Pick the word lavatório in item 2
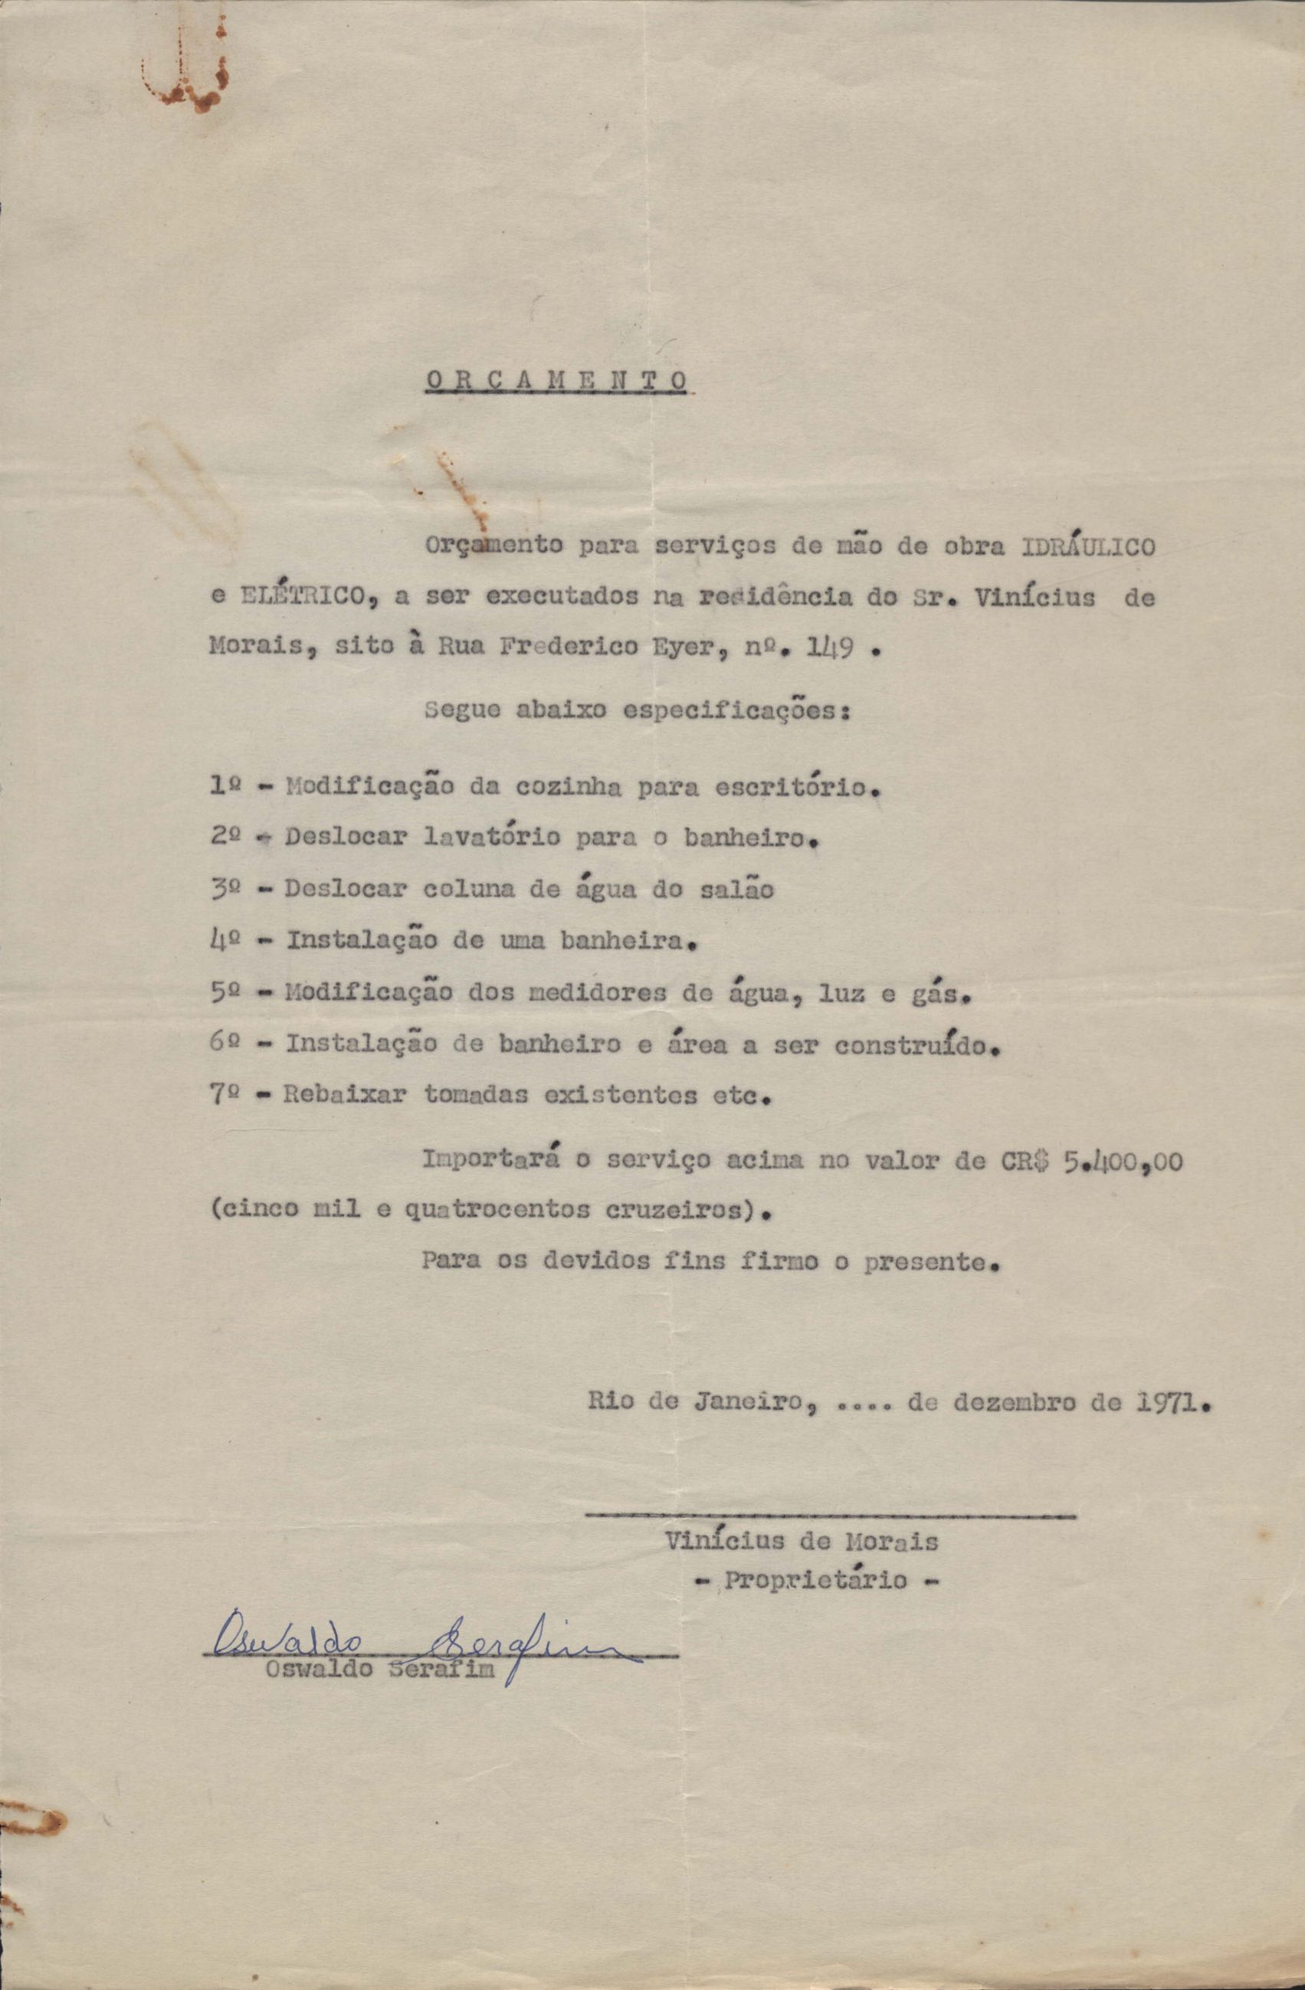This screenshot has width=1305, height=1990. [493, 838]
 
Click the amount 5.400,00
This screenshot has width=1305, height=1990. [1123, 1162]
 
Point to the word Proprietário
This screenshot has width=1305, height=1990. [815, 1580]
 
